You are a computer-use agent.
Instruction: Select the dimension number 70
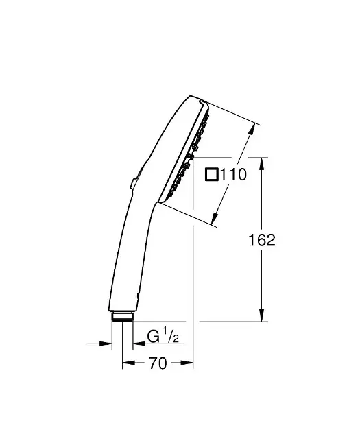(x=158, y=364)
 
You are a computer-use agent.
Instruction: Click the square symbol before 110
(x=213, y=176)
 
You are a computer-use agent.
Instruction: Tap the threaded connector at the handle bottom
(x=123, y=316)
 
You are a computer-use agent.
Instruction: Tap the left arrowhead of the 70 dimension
(x=126, y=364)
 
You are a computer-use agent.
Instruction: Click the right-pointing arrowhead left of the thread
(x=107, y=343)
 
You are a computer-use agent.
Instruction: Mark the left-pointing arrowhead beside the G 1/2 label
(x=137, y=343)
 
